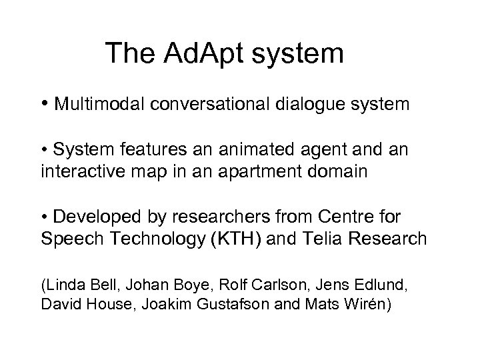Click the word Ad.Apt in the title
[x=201, y=53]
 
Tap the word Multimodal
[x=101, y=105]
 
